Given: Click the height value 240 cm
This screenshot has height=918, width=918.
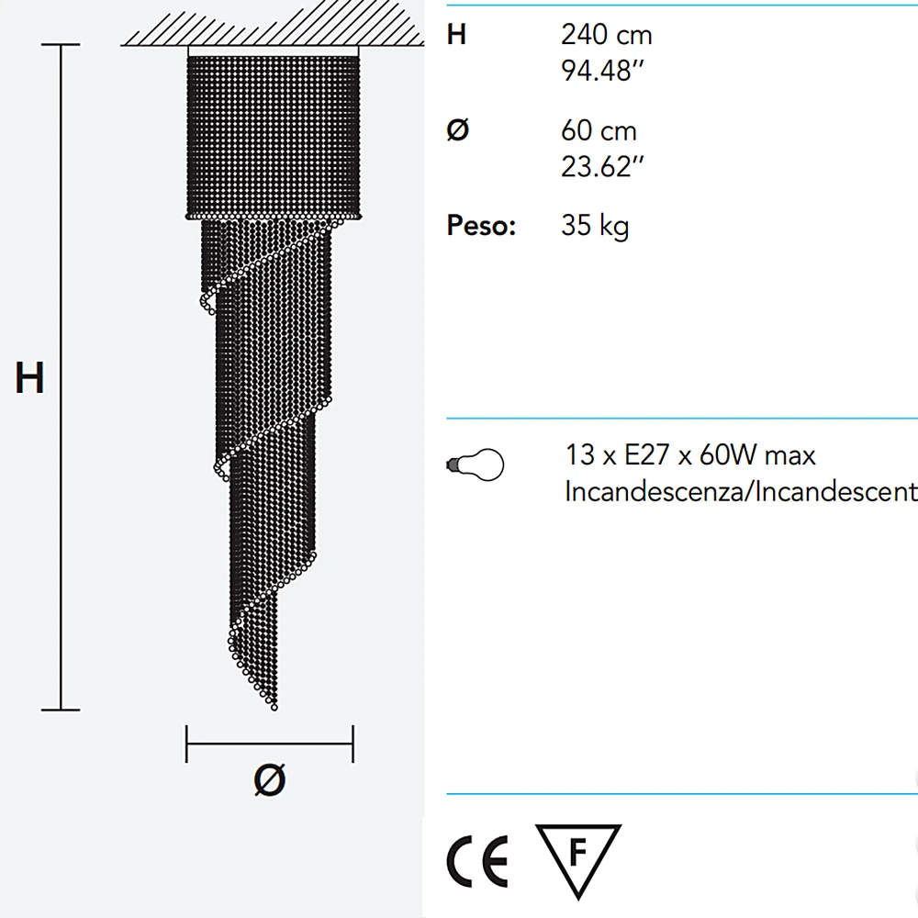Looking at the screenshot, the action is point(607,35).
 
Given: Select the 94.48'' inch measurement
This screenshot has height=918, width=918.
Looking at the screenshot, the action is point(602,71).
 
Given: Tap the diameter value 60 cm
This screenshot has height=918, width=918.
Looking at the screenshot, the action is point(599,130).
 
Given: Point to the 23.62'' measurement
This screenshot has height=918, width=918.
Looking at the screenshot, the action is point(602,167).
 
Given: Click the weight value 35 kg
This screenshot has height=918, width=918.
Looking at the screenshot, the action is point(595,226).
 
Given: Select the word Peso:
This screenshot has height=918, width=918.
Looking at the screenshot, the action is point(481,226).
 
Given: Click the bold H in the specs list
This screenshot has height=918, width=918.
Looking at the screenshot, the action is point(456,35).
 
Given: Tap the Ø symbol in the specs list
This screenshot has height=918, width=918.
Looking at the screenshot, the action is point(458,130).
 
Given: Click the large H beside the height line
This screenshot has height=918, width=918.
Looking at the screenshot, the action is point(29,377).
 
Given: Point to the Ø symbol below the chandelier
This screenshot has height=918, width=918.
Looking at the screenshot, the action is point(270,779).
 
